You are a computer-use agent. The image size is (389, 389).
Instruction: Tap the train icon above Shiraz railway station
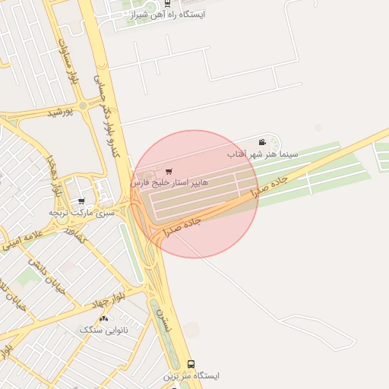pos(166,2)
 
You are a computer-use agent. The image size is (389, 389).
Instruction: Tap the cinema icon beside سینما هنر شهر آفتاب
pos(262,142)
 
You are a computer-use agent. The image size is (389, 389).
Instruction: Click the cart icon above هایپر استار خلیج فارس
pos(168,172)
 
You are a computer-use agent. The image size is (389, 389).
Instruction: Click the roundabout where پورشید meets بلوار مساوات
pos(82,105)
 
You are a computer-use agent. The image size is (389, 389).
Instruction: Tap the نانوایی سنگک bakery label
pos(103,330)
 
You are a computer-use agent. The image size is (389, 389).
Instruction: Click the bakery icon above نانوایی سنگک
pos(103,318)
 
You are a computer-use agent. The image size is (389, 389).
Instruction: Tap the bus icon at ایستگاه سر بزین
pos(190,364)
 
